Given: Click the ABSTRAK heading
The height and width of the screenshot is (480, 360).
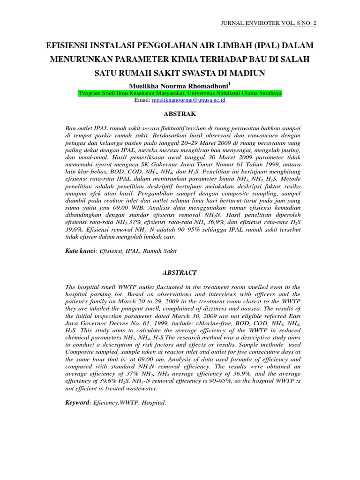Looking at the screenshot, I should point(180,114).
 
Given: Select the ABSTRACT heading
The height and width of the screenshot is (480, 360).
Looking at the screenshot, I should point(180,272).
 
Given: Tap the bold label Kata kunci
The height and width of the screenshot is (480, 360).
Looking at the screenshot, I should point(80,251).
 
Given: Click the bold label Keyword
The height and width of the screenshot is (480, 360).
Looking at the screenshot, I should point(77,403).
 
